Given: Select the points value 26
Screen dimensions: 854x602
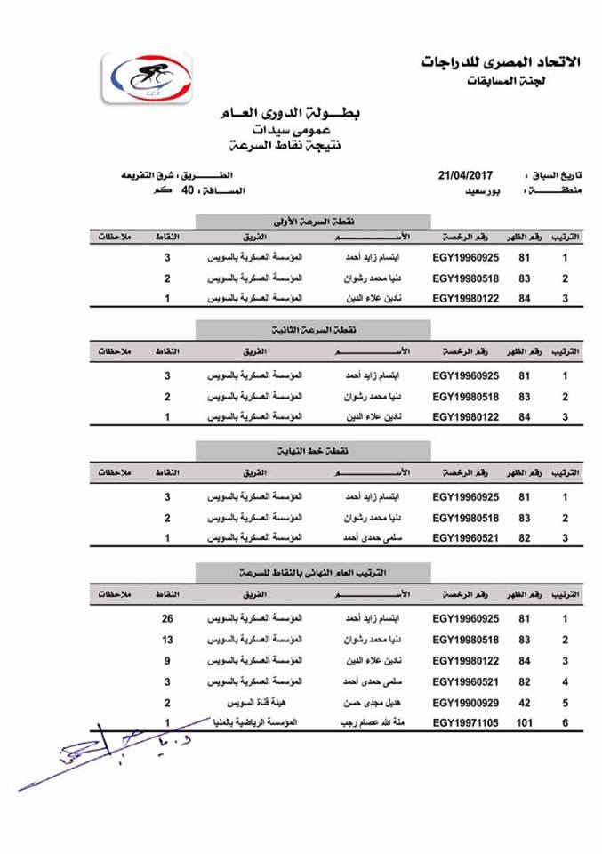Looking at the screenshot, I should coord(166,618).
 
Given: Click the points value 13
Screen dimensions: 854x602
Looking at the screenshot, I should coord(166,640).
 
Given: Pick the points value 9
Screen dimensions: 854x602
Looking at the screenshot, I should coord(166,661).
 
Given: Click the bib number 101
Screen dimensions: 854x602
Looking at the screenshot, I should coord(524,724).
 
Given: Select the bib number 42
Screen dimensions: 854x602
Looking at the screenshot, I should coord(524,703).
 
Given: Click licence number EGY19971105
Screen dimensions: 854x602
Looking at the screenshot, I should coord(466,724).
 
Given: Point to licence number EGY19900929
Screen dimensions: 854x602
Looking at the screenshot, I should coord(466,703).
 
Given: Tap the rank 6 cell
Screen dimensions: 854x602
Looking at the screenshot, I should coord(566,724).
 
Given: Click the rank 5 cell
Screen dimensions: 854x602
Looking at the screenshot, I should coord(566,703).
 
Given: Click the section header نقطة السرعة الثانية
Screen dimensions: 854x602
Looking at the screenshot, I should coord(313,330).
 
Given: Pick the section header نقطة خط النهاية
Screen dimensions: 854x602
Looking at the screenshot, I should coord(313,450).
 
